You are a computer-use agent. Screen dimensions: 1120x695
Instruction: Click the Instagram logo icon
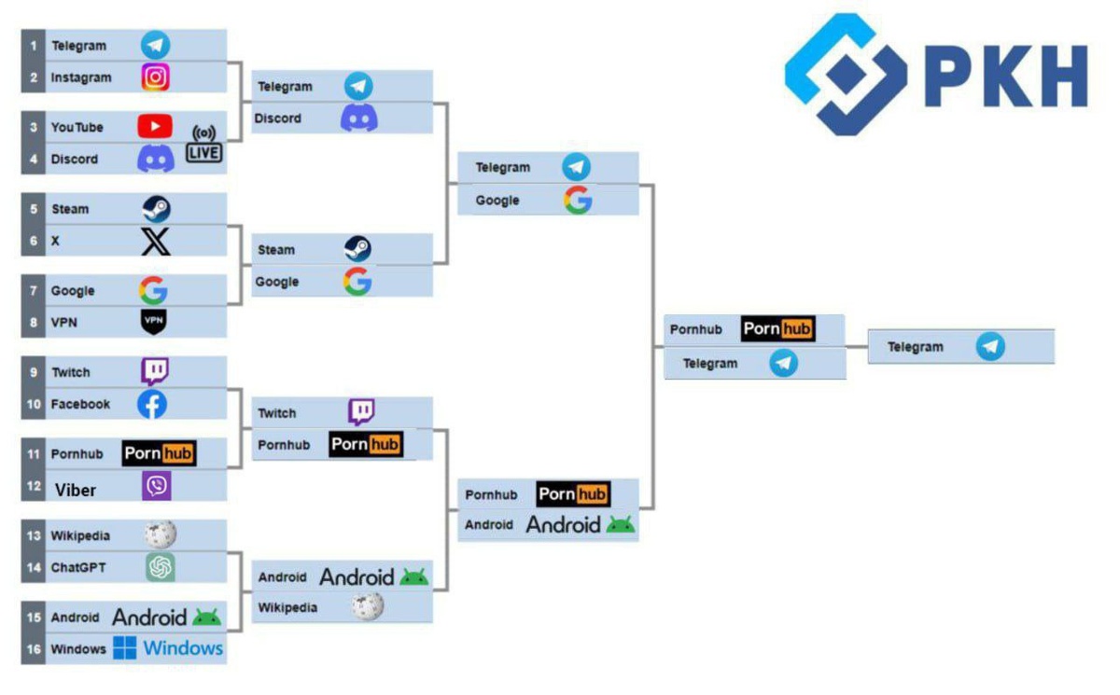point(156,76)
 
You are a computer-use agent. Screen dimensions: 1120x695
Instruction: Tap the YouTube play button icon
point(155,126)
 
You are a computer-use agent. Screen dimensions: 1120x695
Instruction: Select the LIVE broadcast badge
point(204,143)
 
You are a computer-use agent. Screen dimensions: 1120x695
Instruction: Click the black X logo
point(156,241)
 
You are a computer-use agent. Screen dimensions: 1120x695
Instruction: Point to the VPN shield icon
point(154,322)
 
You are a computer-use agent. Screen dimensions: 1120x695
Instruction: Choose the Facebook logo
point(152,404)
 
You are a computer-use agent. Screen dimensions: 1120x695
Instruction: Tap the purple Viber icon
point(156,486)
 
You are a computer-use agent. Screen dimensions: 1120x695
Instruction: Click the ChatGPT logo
point(161,566)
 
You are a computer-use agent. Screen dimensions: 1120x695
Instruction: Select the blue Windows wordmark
point(183,647)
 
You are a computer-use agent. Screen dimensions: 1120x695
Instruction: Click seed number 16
point(34,649)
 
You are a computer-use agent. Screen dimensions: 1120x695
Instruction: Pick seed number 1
point(34,46)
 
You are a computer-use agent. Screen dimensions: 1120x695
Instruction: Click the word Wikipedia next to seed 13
point(80,535)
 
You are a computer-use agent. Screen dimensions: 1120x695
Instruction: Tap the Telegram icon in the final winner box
point(990,347)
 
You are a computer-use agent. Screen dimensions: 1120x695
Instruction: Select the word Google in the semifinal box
point(497,201)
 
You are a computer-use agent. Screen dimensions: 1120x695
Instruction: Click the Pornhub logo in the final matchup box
point(777,329)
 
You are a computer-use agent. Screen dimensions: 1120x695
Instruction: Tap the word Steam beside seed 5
point(70,209)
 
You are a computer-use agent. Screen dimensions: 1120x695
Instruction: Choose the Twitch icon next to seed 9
point(155,371)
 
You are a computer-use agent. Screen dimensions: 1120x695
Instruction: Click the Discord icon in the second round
point(359,118)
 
